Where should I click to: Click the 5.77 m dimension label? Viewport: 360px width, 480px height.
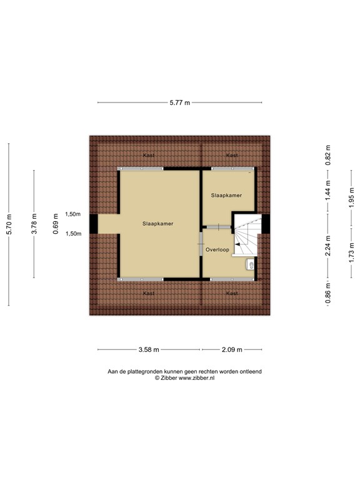(x=179, y=103)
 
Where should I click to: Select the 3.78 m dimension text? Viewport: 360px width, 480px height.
(x=34, y=224)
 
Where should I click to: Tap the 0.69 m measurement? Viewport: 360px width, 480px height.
(x=56, y=224)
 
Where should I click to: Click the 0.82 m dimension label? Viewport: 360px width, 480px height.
(x=327, y=154)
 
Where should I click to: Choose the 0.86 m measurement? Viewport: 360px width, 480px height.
(x=327, y=292)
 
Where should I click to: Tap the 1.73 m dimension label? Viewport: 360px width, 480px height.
(x=352, y=249)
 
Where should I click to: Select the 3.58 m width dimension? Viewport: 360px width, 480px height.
(x=149, y=349)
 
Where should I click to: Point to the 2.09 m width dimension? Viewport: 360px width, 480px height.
(x=231, y=349)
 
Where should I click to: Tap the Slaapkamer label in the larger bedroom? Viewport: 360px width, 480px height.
(x=157, y=223)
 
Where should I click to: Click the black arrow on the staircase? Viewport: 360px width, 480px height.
(x=238, y=245)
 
